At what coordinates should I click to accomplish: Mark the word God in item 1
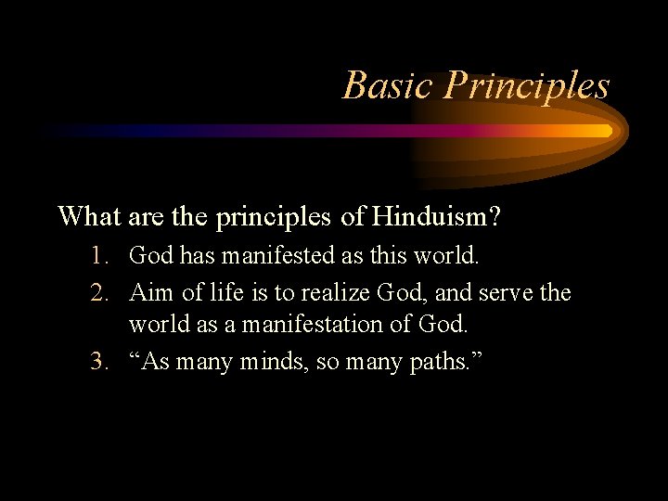[152, 253]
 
